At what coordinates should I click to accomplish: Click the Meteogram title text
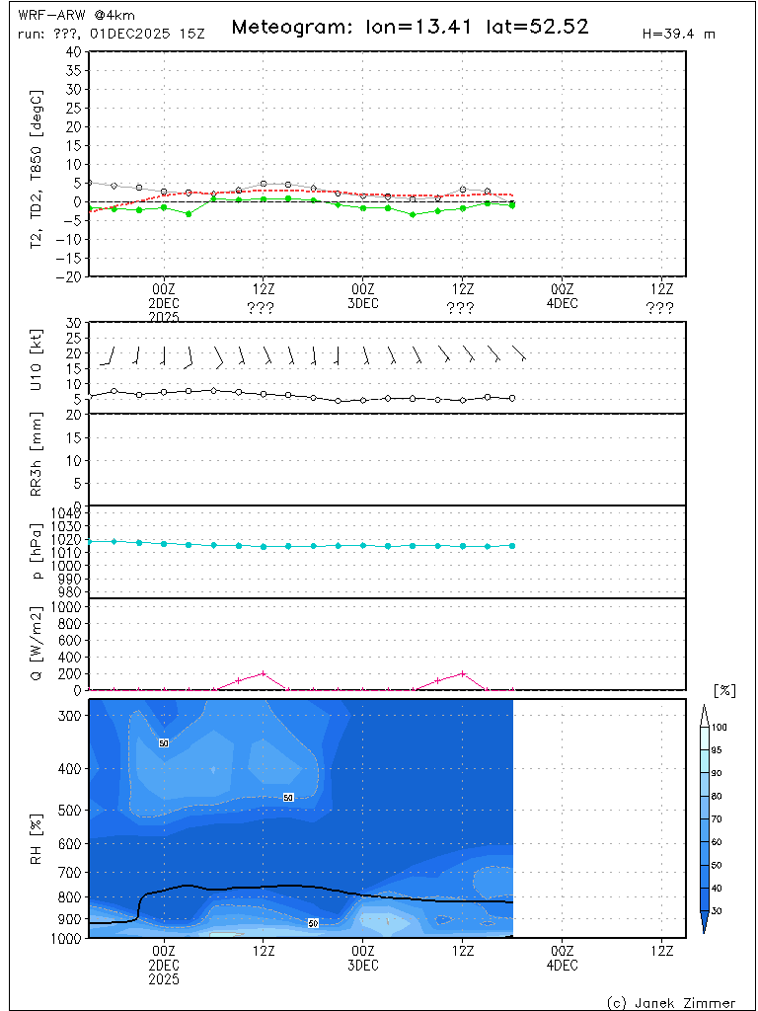tap(410, 27)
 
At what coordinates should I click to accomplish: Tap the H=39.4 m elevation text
tap(678, 34)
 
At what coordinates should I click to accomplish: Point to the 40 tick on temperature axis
tap(74, 51)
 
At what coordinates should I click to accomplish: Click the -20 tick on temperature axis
tap(70, 277)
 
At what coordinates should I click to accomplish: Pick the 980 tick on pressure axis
tap(70, 591)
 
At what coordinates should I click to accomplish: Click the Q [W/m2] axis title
tap(38, 644)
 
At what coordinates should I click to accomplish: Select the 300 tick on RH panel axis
tap(70, 716)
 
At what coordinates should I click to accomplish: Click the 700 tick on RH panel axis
tap(70, 873)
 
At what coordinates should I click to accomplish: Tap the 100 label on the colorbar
tap(720, 727)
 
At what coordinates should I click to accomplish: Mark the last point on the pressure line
tap(512, 545)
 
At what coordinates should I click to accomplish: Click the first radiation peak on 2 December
tap(264, 673)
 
